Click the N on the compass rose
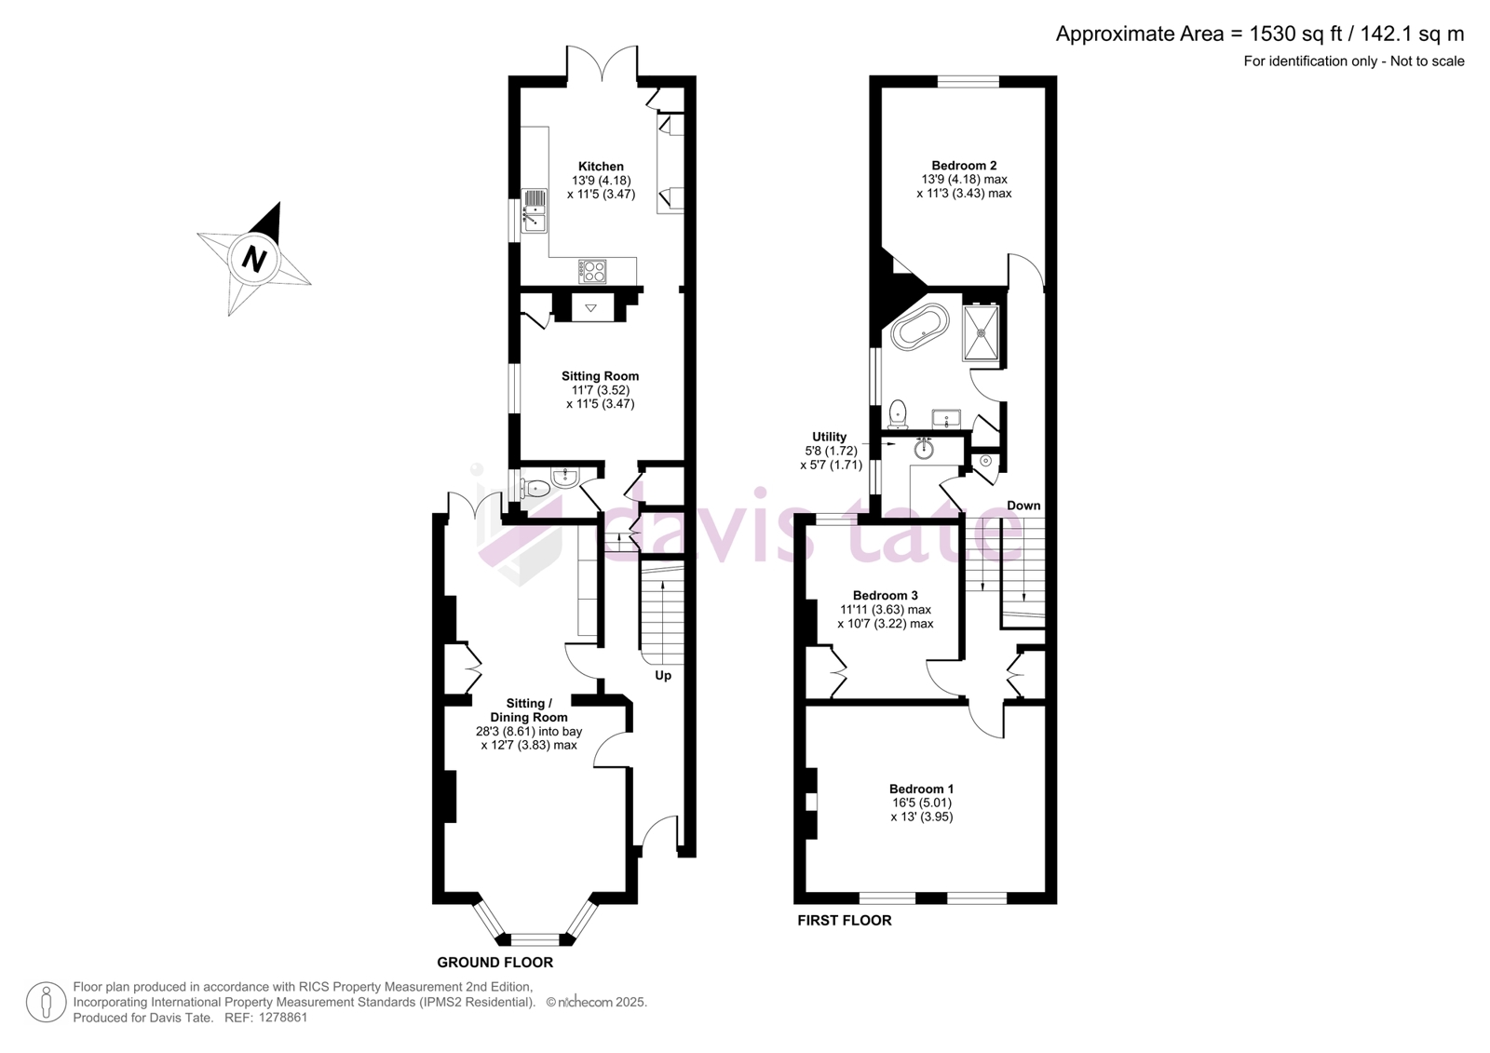(254, 258)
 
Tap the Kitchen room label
(601, 167)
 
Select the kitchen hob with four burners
(592, 272)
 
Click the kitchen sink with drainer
(535, 210)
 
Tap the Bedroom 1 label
(921, 789)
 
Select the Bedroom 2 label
(964, 166)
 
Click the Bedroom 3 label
(886, 595)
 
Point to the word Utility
(829, 437)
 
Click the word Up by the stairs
(663, 676)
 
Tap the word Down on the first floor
(1023, 506)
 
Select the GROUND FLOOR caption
(494, 963)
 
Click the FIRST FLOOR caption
(844, 921)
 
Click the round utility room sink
(923, 449)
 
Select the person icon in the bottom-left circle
(46, 1002)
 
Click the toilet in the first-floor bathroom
(898, 413)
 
